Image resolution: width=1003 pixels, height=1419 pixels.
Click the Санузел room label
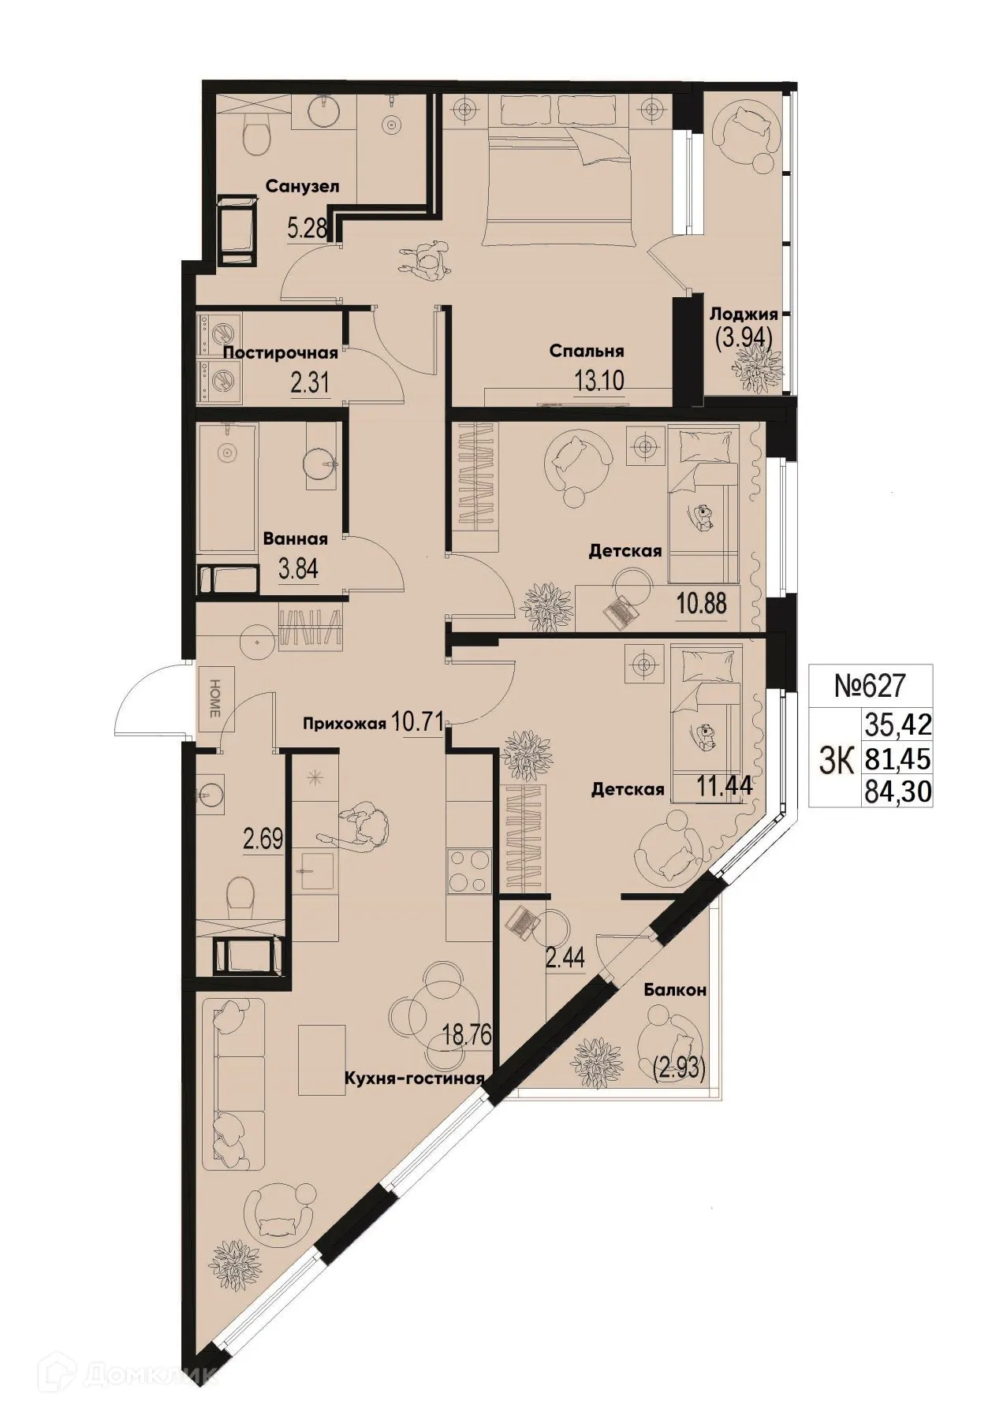tap(302, 187)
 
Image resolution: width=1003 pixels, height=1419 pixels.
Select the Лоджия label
tap(744, 314)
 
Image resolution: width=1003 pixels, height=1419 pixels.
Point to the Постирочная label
tap(280, 353)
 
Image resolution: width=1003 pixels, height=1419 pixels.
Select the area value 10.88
tap(701, 605)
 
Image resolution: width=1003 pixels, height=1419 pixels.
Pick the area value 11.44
tap(722, 785)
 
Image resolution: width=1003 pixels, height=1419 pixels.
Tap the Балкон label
tap(674, 990)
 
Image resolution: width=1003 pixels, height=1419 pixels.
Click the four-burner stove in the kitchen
tap(468, 871)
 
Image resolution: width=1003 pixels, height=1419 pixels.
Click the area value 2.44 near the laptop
tap(565, 959)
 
